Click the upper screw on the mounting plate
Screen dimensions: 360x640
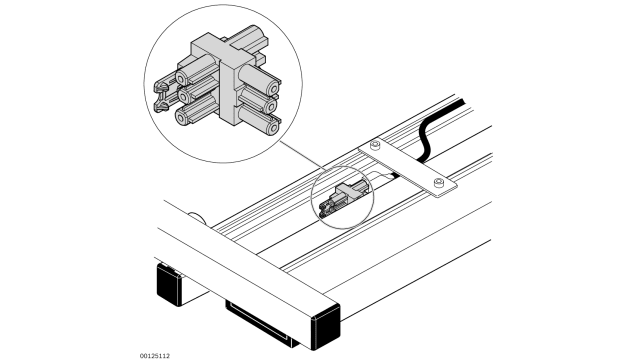(x=374, y=147)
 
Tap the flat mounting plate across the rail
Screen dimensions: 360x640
(x=405, y=165)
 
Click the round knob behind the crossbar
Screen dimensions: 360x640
(x=196, y=217)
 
